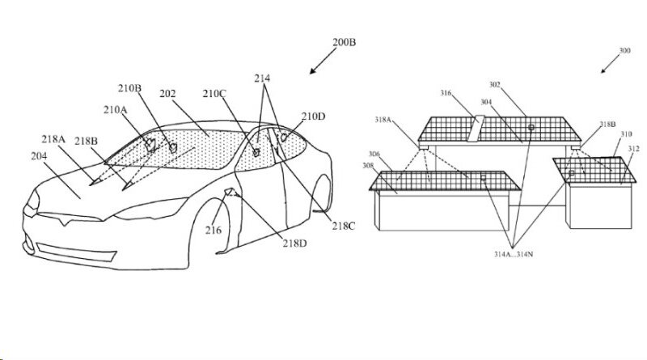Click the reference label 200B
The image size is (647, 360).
342,42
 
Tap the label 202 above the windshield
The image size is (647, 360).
167,95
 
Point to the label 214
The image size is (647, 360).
262,78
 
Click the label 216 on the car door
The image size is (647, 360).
213,231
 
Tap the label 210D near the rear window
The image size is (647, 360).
314,117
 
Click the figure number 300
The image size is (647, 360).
625,51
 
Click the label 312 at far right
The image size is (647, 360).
633,148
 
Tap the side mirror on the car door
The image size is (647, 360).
230,193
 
